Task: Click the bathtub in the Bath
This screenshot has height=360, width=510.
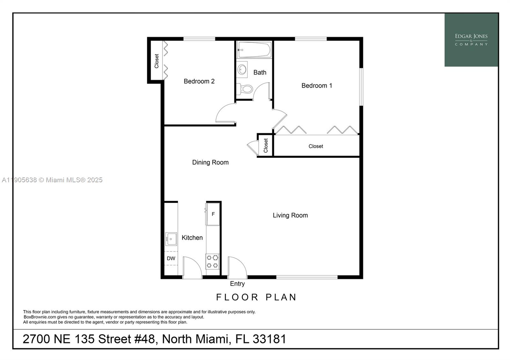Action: click(x=254, y=50)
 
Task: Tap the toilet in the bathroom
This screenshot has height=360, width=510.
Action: click(x=246, y=89)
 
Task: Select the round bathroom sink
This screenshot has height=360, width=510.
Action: click(x=242, y=69)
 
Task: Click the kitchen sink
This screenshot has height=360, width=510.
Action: click(x=171, y=239)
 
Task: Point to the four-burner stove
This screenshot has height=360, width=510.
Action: click(x=212, y=261)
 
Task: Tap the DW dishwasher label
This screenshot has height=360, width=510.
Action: click(x=171, y=258)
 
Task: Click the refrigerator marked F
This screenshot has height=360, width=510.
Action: click(x=213, y=214)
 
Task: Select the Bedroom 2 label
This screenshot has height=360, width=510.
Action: click(x=199, y=81)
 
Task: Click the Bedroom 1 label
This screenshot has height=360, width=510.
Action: click(x=317, y=85)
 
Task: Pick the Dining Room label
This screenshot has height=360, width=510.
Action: click(x=210, y=162)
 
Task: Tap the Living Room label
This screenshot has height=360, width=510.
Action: click(x=290, y=215)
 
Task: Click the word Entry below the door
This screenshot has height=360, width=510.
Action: click(x=237, y=284)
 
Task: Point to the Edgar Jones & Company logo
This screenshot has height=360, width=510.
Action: click(x=471, y=40)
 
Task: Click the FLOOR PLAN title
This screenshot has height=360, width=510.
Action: click(x=256, y=297)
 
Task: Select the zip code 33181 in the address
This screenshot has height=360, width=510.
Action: click(x=269, y=339)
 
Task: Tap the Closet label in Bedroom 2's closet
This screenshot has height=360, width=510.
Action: click(x=157, y=61)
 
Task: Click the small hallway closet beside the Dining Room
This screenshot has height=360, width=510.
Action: click(x=266, y=145)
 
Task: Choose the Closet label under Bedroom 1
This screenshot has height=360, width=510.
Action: click(x=316, y=146)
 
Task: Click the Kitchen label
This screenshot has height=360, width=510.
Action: click(x=192, y=238)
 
